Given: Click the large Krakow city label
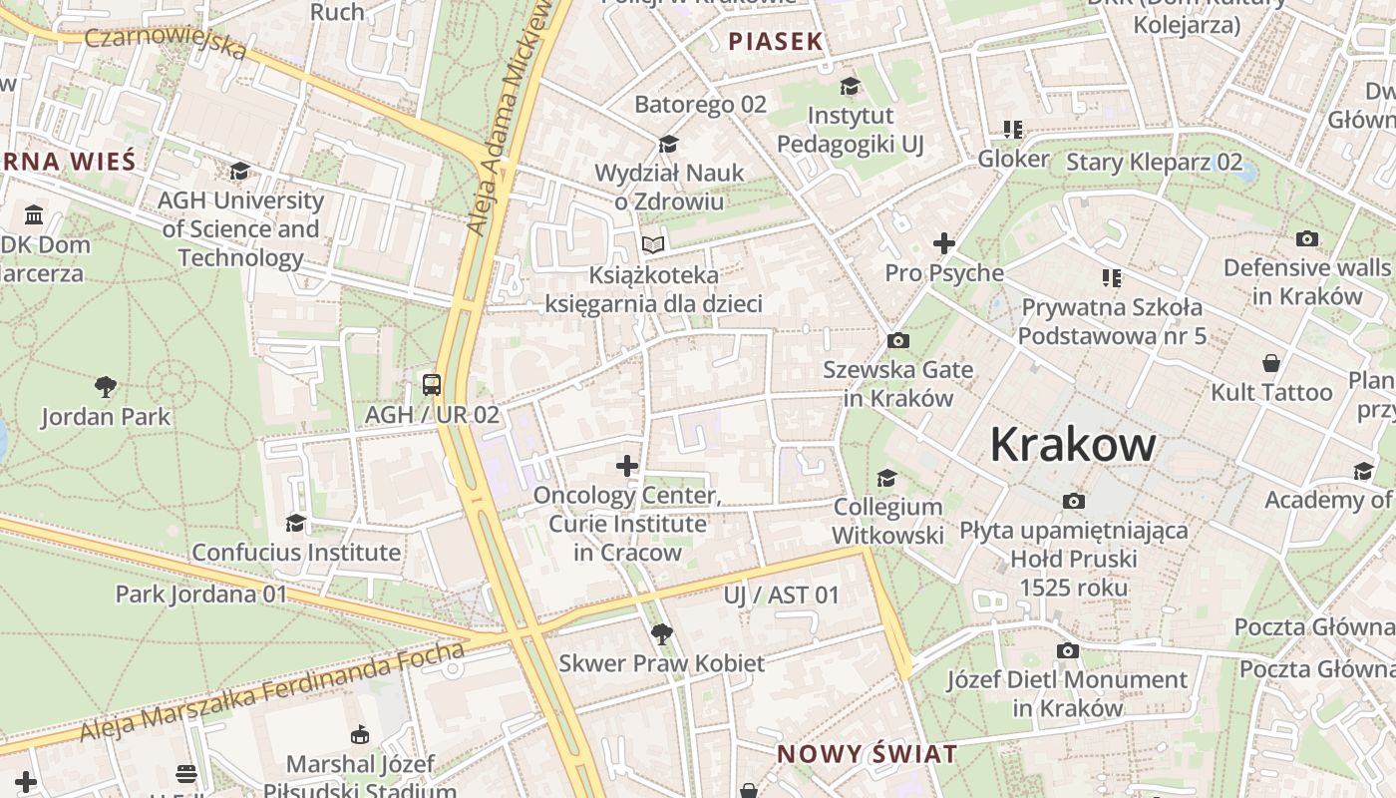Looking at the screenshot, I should tap(1073, 445).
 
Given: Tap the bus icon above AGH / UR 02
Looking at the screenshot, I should tap(432, 384).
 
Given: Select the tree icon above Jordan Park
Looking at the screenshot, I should tap(106, 386).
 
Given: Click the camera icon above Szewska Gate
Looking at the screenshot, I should tap(897, 341).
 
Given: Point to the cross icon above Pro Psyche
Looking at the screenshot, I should tap(943, 242).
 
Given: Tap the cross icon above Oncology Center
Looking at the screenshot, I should tap(626, 466).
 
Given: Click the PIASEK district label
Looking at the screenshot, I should tap(776, 41).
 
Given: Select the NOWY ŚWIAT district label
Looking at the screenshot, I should tap(867, 754).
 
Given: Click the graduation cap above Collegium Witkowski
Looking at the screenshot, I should tap(886, 479).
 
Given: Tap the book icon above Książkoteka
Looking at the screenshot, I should tap(653, 244).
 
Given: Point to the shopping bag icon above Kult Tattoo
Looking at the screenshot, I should tap(1270, 363).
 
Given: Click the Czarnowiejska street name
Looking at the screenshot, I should tap(165, 42).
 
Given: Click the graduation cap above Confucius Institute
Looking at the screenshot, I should tap(295, 523).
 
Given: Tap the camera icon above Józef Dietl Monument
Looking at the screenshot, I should tap(1067, 651).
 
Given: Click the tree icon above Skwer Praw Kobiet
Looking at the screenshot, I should tap(660, 633).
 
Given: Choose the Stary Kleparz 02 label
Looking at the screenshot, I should tap(1155, 162).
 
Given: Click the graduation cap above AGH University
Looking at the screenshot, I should tap(239, 172).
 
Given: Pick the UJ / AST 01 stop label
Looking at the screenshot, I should tap(782, 596).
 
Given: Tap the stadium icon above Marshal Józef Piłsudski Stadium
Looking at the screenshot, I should tap(360, 736).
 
